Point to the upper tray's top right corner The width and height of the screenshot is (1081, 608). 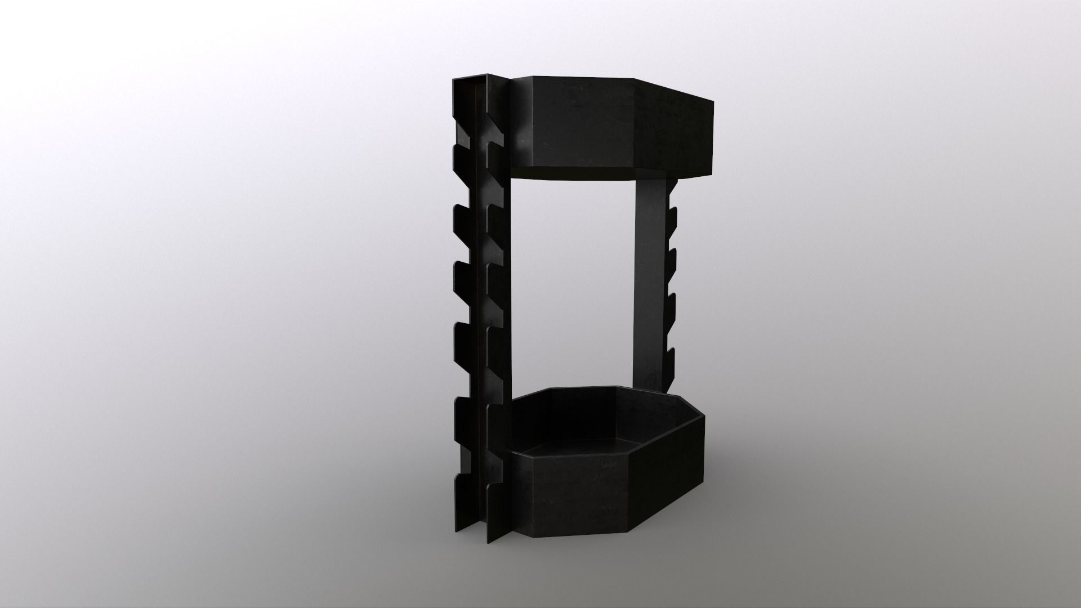pyautogui.click(x=713, y=102)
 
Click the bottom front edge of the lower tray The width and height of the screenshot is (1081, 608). pyautogui.click(x=580, y=535)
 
